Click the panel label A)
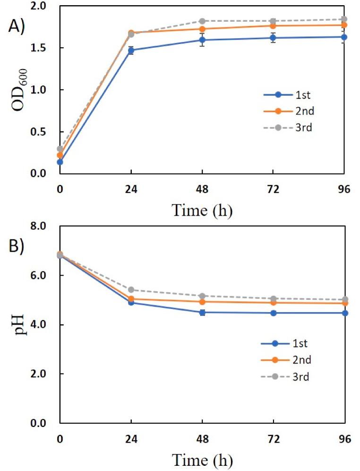pyautogui.click(x=18, y=27)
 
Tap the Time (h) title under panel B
pyautogui.click(x=202, y=459)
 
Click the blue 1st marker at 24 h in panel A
pyautogui.click(x=131, y=50)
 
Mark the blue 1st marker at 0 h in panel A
pyautogui.click(x=60, y=162)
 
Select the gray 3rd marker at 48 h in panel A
pyautogui.click(x=202, y=21)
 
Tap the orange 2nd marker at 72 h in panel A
pyautogui.click(x=274, y=26)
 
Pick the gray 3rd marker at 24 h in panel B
pyautogui.click(x=131, y=289)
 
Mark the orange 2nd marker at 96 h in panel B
pyautogui.click(x=344, y=303)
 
